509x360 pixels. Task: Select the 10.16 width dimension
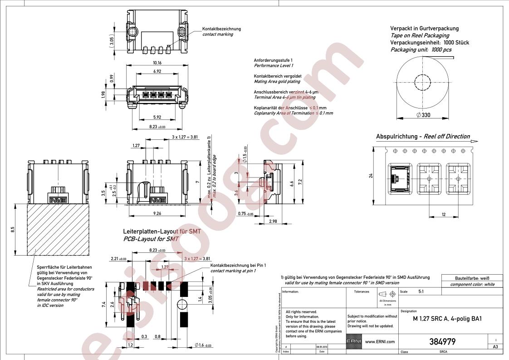[157, 63]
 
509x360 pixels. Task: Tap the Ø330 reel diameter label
[423, 115]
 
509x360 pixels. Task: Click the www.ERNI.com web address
[380, 342]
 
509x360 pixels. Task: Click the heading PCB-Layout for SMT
[151, 239]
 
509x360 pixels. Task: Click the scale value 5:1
[421, 292]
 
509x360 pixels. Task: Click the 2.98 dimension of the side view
[273, 221]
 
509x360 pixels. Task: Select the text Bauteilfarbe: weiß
[472, 278]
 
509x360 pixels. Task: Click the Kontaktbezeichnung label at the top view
[221, 29]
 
